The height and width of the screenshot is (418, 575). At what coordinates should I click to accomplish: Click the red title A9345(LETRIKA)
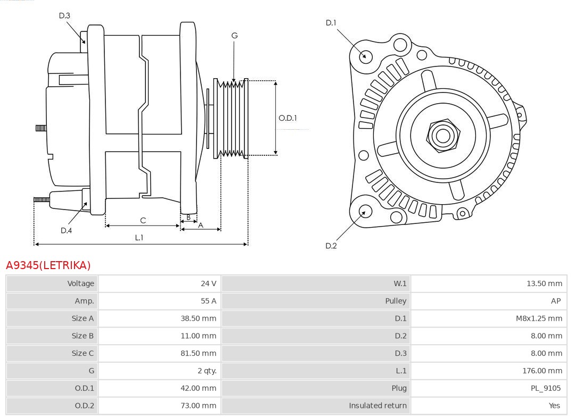pyautogui.click(x=48, y=265)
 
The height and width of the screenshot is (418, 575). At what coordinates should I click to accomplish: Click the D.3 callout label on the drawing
pyautogui.click(x=64, y=16)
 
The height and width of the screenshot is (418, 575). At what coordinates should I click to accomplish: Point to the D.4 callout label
pyautogui.click(x=66, y=230)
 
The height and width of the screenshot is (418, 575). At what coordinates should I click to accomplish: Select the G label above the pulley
pyautogui.click(x=234, y=36)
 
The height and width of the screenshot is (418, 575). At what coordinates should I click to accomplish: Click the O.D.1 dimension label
pyautogui.click(x=287, y=118)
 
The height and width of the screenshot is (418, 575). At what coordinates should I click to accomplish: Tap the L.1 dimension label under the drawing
pyautogui.click(x=139, y=238)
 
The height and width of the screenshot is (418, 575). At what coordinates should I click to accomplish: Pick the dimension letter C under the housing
pyautogui.click(x=143, y=220)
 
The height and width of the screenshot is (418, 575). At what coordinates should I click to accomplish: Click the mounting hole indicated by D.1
pyautogui.click(x=366, y=56)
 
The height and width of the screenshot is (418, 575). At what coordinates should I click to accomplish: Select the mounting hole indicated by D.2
pyautogui.click(x=364, y=212)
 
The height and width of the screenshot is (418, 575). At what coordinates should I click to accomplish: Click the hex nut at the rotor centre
pyautogui.click(x=442, y=135)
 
